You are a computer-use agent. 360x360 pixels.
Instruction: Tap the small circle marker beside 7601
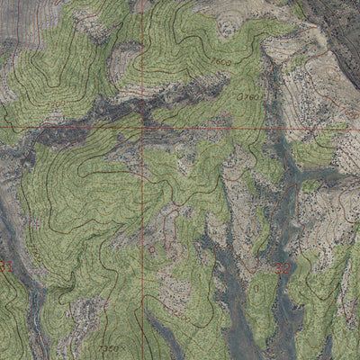[240, 94]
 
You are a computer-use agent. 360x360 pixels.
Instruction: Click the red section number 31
[6, 266]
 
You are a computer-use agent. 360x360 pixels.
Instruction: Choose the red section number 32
[283, 267]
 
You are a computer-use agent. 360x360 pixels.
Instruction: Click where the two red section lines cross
[141, 128]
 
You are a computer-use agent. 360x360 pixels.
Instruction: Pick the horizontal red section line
[72, 128]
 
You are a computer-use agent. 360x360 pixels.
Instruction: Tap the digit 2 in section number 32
[287, 267]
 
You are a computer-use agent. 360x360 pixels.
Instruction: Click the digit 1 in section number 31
[10, 266]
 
